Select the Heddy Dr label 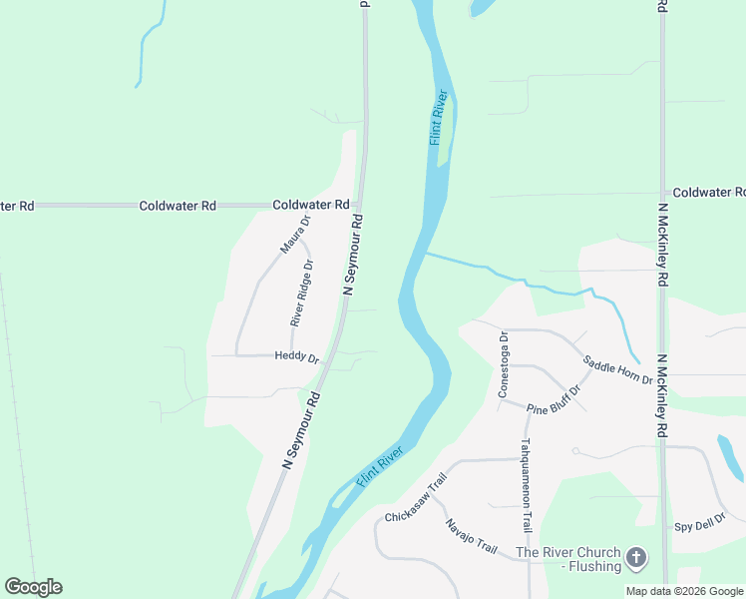tap(296, 357)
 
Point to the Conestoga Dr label tap(504, 364)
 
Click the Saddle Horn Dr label tap(617, 371)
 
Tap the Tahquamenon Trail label tap(526, 486)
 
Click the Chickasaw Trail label tap(414, 504)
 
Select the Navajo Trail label tap(471, 537)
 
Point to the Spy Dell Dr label tap(699, 526)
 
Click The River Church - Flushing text tap(567, 559)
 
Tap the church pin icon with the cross tap(636, 558)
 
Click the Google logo tap(33, 587)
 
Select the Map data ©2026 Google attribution tap(684, 591)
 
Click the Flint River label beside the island tap(438, 118)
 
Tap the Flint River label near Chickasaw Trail tap(379, 466)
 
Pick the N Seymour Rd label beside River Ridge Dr tap(352, 255)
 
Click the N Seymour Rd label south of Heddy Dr tap(301, 430)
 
